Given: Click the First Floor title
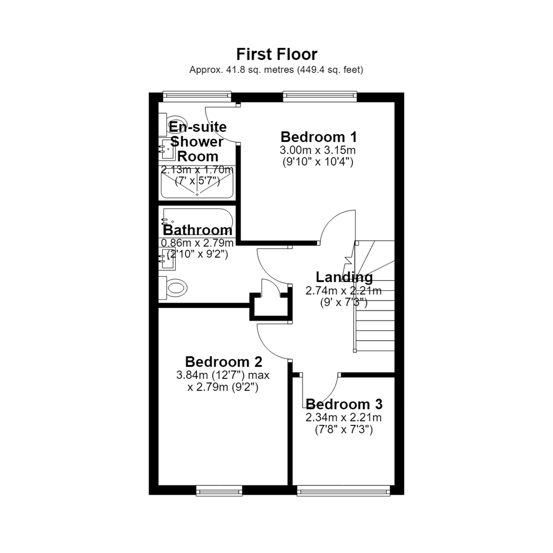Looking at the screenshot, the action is (x=277, y=54).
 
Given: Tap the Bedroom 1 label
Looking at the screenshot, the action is (x=318, y=137).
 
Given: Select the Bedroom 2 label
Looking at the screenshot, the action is (x=224, y=362).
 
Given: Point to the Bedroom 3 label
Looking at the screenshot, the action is (x=344, y=404).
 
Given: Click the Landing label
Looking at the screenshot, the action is (x=344, y=278).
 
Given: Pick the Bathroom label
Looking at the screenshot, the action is (x=198, y=230).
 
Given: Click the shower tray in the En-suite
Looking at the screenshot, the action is (x=197, y=183).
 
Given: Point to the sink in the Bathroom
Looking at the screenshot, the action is (x=167, y=259).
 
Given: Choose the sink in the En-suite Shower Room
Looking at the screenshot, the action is (x=167, y=149).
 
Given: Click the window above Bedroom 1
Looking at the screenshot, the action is (x=320, y=96).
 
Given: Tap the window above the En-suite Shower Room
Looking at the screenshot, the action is (x=197, y=96).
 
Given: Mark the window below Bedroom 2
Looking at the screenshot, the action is (x=219, y=491).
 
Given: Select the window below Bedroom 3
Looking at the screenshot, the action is (x=344, y=491).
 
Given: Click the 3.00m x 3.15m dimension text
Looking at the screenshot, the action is (x=318, y=150).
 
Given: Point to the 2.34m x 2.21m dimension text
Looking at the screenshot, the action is (x=344, y=418).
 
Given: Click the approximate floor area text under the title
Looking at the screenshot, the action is (x=276, y=70).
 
